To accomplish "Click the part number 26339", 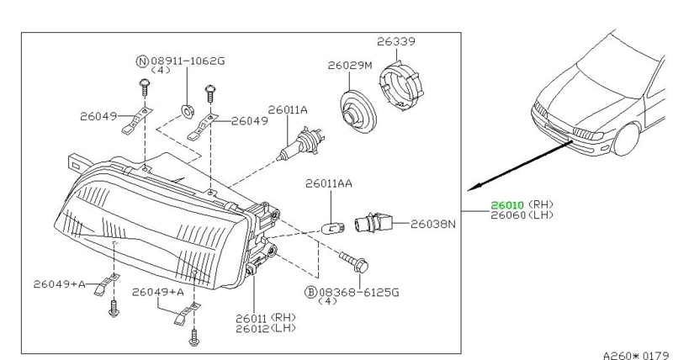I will point(396,40).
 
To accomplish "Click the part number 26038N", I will point(433,225).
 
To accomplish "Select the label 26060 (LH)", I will point(522,214).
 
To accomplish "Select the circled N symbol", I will point(142,61).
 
